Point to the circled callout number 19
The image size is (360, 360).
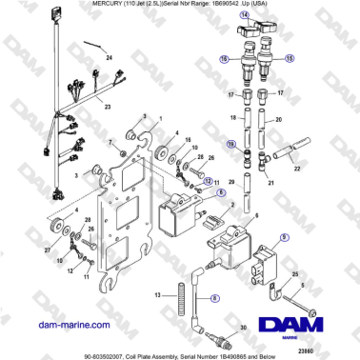[230, 143]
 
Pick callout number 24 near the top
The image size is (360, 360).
[108, 58]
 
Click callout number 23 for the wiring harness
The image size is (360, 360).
[108, 106]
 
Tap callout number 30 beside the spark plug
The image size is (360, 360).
[243, 327]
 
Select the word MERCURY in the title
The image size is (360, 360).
[25, 6]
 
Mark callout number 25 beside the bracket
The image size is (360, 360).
[294, 273]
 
